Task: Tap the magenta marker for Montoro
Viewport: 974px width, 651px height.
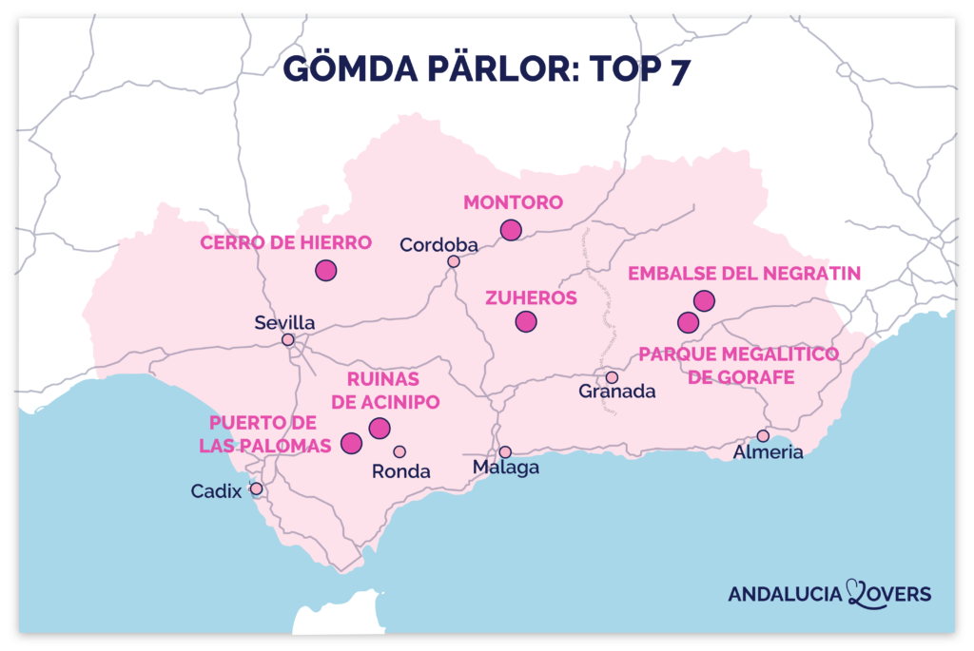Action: pos(512,229)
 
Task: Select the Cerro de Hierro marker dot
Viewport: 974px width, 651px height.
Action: pos(326,270)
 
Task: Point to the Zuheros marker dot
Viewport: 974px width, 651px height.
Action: pos(526,321)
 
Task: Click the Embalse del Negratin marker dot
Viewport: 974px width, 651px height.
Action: pos(704,300)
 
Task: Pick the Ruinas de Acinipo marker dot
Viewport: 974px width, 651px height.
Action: pos(380,428)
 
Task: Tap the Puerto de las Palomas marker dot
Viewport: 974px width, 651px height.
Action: pos(352,443)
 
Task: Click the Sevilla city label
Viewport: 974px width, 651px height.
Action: pos(284,322)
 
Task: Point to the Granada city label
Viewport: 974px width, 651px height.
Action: pos(617,392)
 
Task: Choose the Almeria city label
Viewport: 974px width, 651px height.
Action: pos(768,452)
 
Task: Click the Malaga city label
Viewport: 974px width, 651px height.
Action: pos(506,468)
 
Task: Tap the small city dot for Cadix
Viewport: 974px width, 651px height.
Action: pos(256,488)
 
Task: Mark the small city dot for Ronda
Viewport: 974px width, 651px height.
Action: pos(399,451)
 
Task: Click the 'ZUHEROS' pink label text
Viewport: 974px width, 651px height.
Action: pos(531,297)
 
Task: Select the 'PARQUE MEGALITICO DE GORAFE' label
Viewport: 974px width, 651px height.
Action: pos(739,366)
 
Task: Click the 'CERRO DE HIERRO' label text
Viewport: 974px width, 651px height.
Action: pos(285,243)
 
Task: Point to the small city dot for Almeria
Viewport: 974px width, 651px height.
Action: pos(763,435)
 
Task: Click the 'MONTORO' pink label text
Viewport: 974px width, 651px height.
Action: pos(513,202)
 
